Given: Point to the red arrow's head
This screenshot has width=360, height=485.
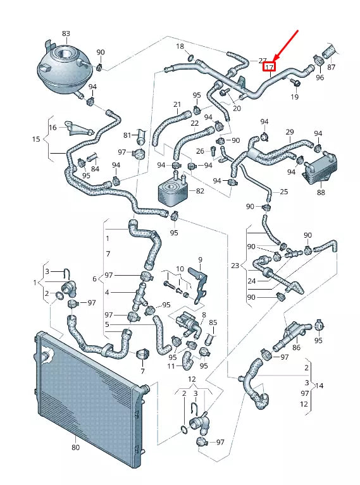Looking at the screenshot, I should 273,58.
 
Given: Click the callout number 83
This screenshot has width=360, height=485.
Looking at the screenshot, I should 66,33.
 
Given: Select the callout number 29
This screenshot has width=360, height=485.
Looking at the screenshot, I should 290,132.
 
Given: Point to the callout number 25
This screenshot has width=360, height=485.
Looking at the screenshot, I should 283,191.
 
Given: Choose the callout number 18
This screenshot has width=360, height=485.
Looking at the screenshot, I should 180,47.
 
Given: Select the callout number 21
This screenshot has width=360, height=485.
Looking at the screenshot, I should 177,104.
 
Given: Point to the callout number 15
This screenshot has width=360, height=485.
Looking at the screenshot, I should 36,139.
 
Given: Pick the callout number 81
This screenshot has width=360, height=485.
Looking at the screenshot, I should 127,135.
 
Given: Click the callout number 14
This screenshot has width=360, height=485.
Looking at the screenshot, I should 320,385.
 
